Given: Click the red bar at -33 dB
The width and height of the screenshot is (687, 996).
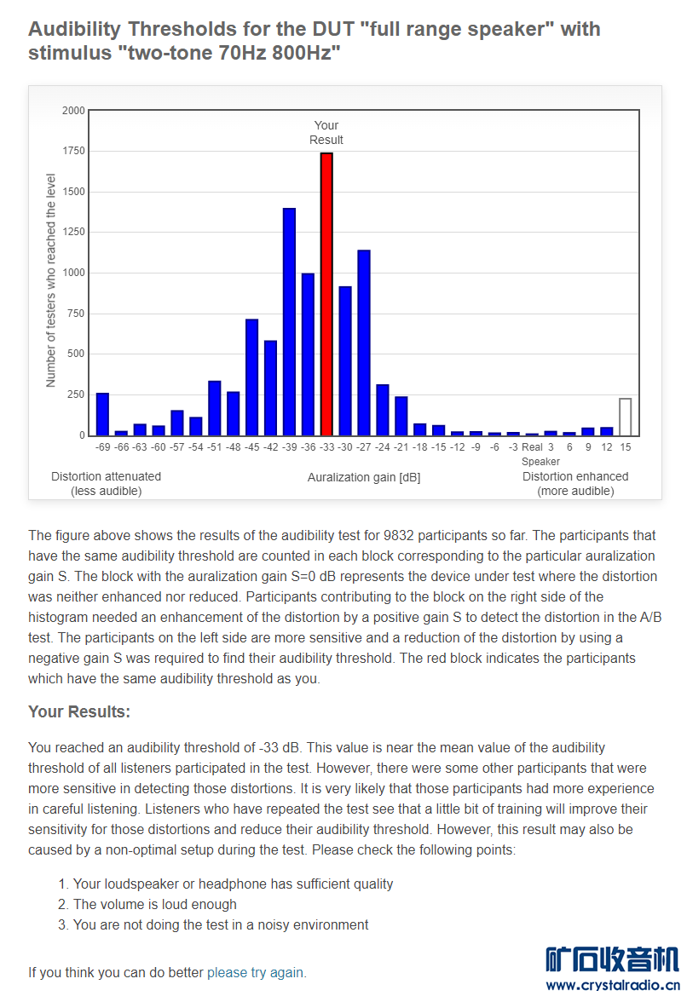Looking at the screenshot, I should coord(326,294).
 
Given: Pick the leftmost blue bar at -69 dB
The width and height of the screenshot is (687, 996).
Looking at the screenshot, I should coord(102,414).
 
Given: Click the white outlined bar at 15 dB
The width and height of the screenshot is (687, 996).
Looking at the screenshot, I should coord(626,417).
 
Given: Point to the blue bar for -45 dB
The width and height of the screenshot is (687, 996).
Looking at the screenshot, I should coord(251,377).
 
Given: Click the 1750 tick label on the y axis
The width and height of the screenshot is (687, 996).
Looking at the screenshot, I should coord(73,152).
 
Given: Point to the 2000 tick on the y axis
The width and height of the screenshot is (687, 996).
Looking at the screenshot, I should coord(73,111).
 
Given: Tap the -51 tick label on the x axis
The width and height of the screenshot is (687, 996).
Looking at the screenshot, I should coord(214,446).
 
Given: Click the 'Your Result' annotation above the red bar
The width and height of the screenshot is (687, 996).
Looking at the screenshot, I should coord(326,133).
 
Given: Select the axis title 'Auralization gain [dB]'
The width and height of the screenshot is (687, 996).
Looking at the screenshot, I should coord(364,478).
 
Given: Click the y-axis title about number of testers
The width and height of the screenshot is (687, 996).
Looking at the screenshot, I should coord(50,280).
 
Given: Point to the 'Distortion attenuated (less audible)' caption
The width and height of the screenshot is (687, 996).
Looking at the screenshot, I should coord(106,484).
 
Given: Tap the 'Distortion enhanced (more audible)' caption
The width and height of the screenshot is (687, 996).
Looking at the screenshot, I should coord(575,484).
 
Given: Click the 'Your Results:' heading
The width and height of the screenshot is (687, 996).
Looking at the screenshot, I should coord(79,711).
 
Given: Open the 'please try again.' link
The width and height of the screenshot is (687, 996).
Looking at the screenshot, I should coord(257,972).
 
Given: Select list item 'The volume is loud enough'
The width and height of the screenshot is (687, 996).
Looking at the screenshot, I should coord(155,904).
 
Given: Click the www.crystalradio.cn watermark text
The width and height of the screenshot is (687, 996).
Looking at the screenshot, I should coord(612,986).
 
